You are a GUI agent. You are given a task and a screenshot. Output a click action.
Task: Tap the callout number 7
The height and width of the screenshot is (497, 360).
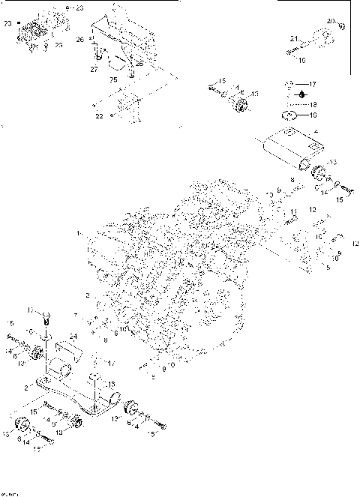96,316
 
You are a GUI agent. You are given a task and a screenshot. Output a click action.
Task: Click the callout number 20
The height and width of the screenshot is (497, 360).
331,20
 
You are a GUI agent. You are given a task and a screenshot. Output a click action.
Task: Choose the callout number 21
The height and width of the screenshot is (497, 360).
295,37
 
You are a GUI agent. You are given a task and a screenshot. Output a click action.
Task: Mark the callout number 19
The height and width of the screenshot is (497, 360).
315,115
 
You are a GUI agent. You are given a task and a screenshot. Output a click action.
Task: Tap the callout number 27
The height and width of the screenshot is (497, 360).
94,68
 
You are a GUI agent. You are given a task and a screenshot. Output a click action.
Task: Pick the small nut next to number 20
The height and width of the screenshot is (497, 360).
340,27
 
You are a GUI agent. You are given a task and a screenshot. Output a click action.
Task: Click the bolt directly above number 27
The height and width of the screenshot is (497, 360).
96,55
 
